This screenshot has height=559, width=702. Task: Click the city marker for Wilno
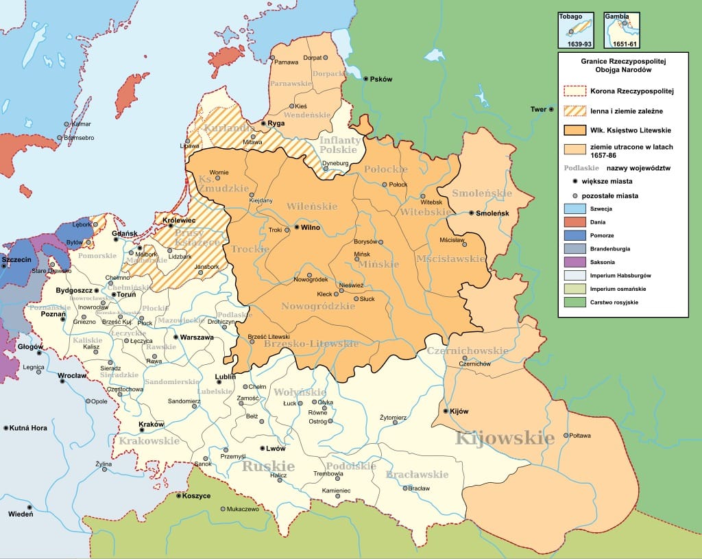(x=296, y=226)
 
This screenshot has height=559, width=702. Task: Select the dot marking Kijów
(x=445, y=412)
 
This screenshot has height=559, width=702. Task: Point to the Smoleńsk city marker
(x=472, y=213)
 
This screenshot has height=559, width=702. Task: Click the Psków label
(x=381, y=79)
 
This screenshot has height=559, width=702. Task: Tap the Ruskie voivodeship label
(x=268, y=466)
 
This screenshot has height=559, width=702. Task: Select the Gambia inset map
(x=622, y=29)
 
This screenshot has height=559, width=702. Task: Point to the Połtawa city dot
(x=566, y=436)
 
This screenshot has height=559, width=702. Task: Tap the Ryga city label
(x=276, y=123)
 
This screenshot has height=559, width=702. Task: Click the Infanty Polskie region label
(x=339, y=145)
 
